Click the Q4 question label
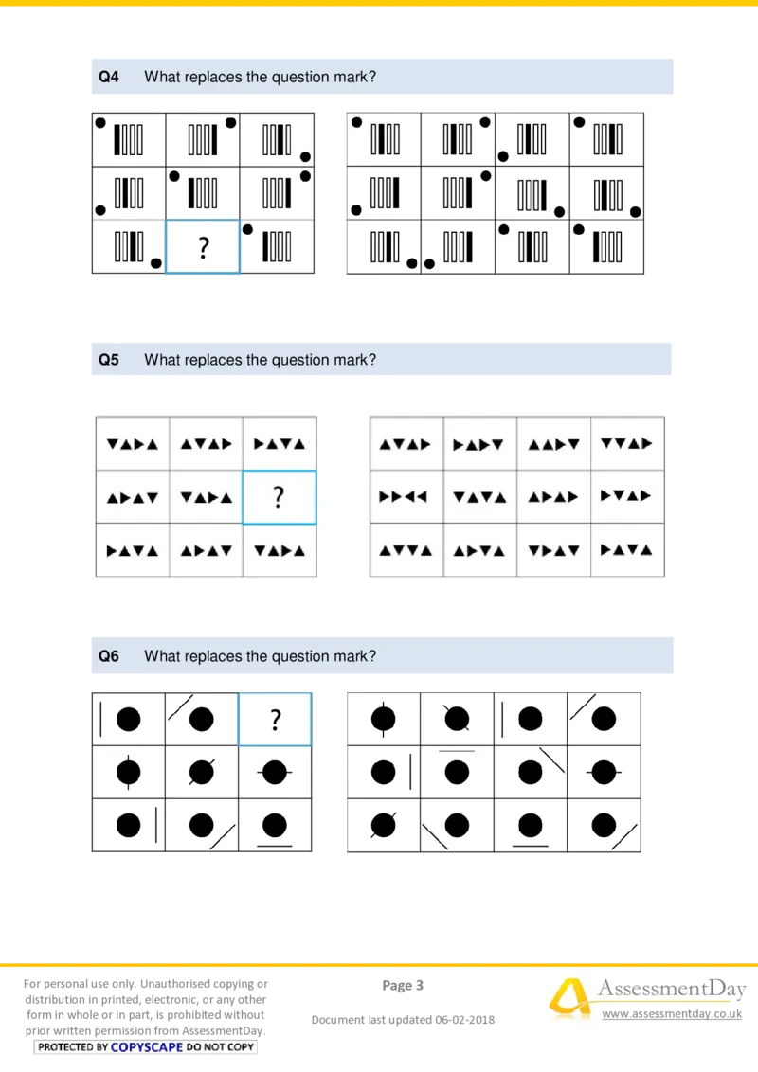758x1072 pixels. [109, 78]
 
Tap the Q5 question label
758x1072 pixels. [109, 360]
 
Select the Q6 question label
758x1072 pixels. [109, 656]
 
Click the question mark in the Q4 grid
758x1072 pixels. [203, 248]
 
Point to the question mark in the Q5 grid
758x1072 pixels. [279, 497]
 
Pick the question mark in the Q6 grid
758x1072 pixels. [275, 720]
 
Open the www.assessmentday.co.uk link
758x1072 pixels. [672, 1014]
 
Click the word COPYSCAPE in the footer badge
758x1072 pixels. [147, 1047]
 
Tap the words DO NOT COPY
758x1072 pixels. [221, 1047]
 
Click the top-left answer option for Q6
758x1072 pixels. [383, 719]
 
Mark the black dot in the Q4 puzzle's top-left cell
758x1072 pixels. [99, 122]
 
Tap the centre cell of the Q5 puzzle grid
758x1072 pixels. [206, 497]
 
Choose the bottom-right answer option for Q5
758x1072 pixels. [626, 549]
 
